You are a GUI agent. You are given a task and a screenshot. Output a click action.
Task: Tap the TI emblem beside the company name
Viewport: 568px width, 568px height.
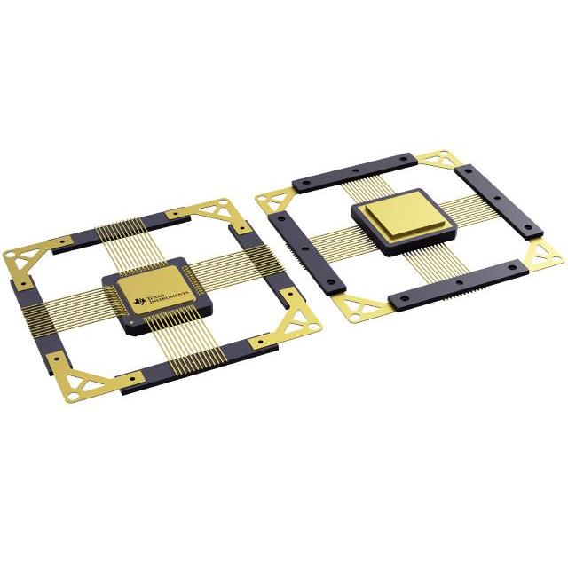point(140,305)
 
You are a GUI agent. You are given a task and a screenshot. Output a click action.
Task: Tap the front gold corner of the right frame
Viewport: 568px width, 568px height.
point(360,310)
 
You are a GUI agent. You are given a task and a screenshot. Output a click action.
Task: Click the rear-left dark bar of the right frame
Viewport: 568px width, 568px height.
point(356,170)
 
